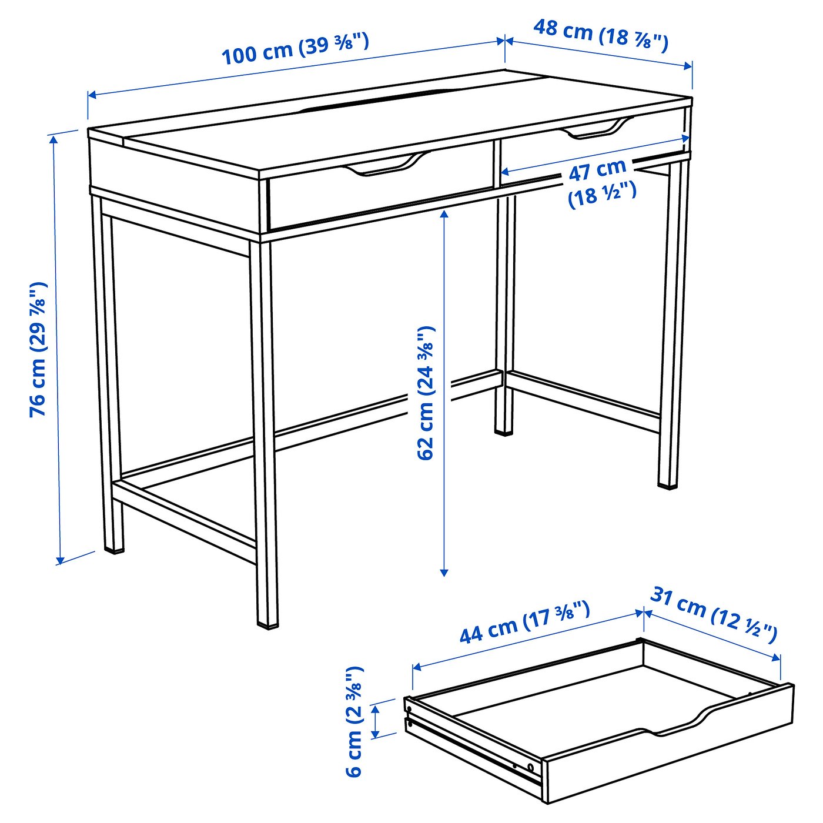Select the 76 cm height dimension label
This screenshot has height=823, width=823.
tap(38, 350)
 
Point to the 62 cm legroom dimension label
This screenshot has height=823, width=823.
tap(426, 393)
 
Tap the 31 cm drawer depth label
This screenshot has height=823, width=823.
tap(714, 614)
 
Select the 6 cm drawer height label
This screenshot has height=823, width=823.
tap(354, 722)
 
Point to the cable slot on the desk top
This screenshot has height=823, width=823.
tap(376, 101)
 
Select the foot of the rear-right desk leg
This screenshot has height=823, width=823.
tap(667, 485)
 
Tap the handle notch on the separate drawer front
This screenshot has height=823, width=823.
tap(676, 726)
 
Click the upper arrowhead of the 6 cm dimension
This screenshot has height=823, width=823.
tap(375, 707)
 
